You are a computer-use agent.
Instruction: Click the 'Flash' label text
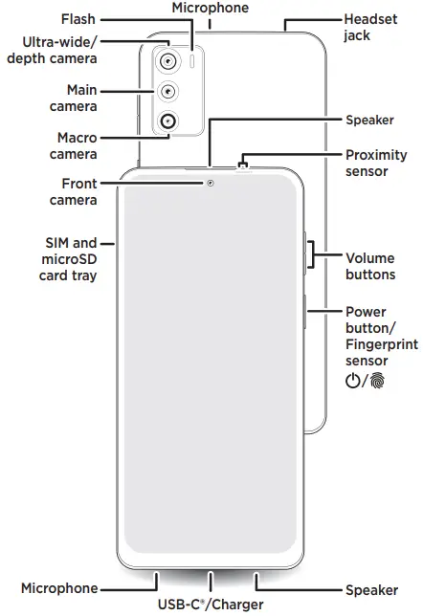pos(78,18)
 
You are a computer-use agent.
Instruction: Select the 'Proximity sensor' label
pos(375,163)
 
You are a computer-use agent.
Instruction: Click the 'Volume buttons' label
pos(369,266)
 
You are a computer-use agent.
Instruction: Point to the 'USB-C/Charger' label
pos(211,605)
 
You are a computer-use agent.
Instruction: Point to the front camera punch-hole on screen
pos(210,182)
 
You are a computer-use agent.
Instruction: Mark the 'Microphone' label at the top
pos(210,8)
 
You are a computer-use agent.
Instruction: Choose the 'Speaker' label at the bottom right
pos(368,588)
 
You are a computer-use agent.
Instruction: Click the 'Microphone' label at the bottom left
pos(59,588)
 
